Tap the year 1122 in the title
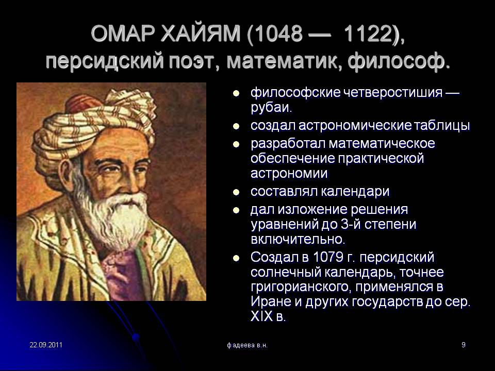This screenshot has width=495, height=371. (368, 33)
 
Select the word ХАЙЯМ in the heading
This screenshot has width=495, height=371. (201, 33)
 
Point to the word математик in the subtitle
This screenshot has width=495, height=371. (283, 61)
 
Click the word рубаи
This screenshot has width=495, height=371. (271, 108)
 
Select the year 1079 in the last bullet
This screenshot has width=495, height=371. (328, 258)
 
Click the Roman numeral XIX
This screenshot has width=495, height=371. (262, 316)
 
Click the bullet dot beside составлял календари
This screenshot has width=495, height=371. (236, 192)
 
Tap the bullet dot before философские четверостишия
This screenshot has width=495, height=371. (236, 93)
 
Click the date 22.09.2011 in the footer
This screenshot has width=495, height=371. (46, 345)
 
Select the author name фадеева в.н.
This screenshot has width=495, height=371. (247, 345)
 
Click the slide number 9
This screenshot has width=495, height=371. (464, 345)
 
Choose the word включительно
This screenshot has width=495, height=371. (298, 240)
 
